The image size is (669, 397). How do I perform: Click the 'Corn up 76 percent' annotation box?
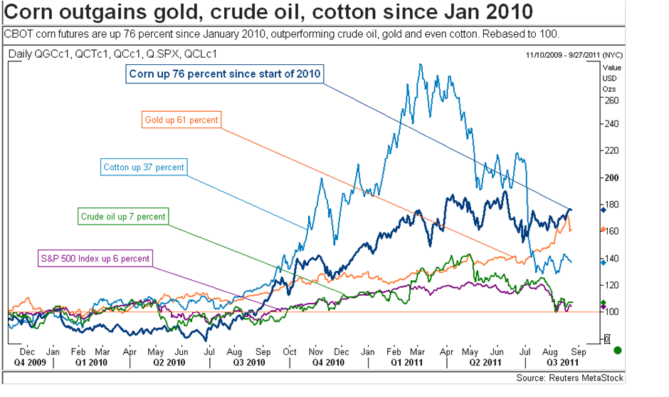click(226, 73)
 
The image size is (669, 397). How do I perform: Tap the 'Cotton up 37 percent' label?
click(143, 167)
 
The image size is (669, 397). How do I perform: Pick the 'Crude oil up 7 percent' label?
click(124, 216)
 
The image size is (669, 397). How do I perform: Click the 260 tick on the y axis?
click(611, 100)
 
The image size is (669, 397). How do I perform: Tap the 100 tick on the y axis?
click(611, 311)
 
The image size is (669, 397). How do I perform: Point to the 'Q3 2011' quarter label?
click(558, 362)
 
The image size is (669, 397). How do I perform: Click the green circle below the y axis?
click(617, 349)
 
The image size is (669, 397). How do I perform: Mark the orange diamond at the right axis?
click(603, 230)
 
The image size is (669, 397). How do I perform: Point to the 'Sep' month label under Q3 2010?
click(263, 351)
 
